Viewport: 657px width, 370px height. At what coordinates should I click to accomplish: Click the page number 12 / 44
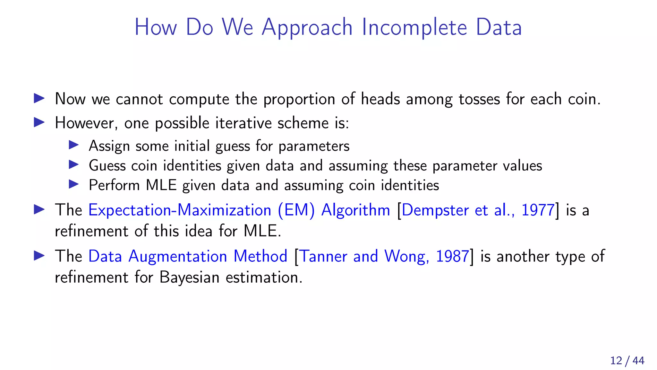627,360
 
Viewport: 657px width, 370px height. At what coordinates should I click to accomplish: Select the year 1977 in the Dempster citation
538,210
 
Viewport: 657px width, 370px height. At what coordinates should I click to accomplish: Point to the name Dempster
435,211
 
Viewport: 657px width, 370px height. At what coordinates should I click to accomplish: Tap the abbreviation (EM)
296,210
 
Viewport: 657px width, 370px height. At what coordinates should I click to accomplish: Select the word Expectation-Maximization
180,210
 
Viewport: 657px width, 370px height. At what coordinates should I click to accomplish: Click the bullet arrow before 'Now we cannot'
39,98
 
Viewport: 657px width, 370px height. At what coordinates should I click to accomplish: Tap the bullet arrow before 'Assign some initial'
74,145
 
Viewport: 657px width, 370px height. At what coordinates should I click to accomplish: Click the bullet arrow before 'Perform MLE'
74,184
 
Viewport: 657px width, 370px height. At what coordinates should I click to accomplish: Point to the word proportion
299,99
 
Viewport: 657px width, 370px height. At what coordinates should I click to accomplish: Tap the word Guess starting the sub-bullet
107,166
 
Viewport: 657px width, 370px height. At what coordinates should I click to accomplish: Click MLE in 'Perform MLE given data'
161,185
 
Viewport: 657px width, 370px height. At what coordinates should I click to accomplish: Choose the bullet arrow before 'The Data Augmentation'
39,256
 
